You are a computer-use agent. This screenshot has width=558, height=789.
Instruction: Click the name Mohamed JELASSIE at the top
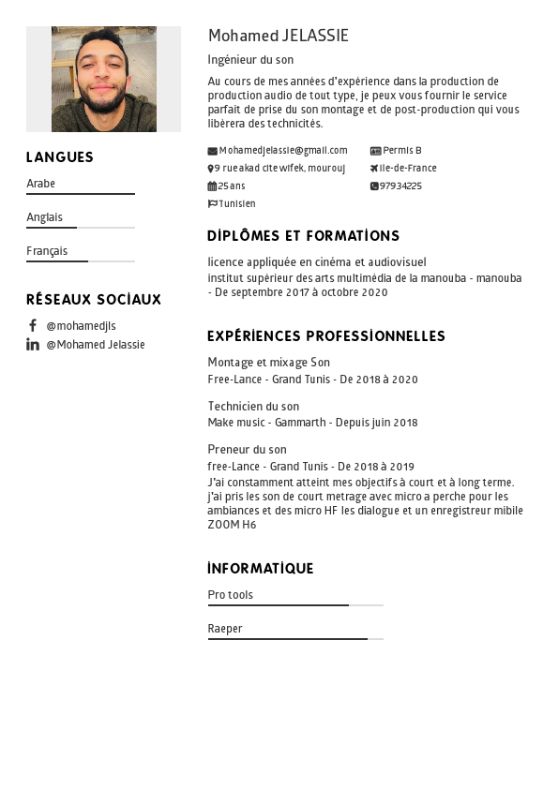tap(278, 36)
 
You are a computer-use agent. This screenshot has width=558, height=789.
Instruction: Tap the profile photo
tap(103, 79)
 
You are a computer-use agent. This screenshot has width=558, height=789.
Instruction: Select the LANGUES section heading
tap(60, 157)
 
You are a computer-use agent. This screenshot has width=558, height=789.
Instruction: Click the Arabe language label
tap(41, 184)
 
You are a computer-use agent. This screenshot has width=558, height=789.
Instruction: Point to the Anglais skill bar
tap(81, 228)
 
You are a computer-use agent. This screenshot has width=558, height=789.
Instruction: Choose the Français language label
tap(47, 251)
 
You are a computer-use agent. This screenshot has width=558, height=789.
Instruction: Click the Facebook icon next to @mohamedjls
tap(33, 325)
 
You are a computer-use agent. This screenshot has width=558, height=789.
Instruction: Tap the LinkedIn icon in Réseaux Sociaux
tap(33, 344)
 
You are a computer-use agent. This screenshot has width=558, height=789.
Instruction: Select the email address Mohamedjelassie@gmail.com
tap(283, 150)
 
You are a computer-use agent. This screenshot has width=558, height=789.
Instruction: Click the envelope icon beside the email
tap(212, 151)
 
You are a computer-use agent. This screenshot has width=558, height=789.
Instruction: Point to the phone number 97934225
tap(400, 186)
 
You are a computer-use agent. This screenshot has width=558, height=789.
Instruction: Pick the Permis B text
tap(402, 150)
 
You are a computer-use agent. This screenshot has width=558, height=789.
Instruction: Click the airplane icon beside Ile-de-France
tap(374, 169)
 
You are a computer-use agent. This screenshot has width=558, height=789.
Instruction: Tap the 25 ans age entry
tap(232, 186)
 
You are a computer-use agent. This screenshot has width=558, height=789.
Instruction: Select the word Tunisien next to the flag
tap(237, 203)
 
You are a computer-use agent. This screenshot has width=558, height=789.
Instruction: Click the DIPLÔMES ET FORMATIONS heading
tap(303, 236)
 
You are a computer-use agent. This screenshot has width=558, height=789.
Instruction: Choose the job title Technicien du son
tap(253, 406)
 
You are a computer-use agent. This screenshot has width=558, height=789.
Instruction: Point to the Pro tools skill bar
tap(295, 605)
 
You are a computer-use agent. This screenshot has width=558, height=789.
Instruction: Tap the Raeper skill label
tap(225, 629)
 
